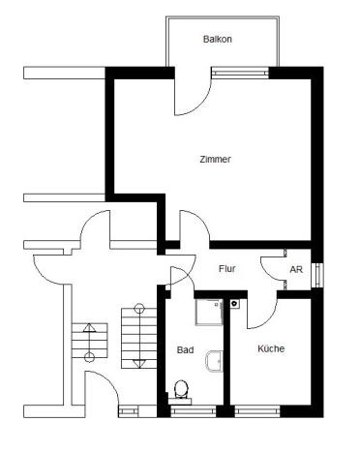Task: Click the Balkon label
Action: tap(218, 39)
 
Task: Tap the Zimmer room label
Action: tap(215, 159)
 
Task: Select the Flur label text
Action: tap(227, 269)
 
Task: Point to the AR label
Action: tap(296, 269)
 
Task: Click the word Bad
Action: tap(185, 350)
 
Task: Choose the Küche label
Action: tap(271, 348)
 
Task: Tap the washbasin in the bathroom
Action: tap(214, 361)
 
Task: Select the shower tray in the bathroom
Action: tap(209, 312)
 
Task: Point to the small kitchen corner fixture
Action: tap(234, 304)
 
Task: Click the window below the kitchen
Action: tap(257, 411)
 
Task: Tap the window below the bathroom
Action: tap(193, 411)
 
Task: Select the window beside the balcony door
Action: tap(240, 73)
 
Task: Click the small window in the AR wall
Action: tap(318, 275)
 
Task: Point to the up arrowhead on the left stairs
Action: tap(89, 328)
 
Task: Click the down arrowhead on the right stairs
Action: tap(138, 363)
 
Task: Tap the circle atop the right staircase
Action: tap(139, 308)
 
